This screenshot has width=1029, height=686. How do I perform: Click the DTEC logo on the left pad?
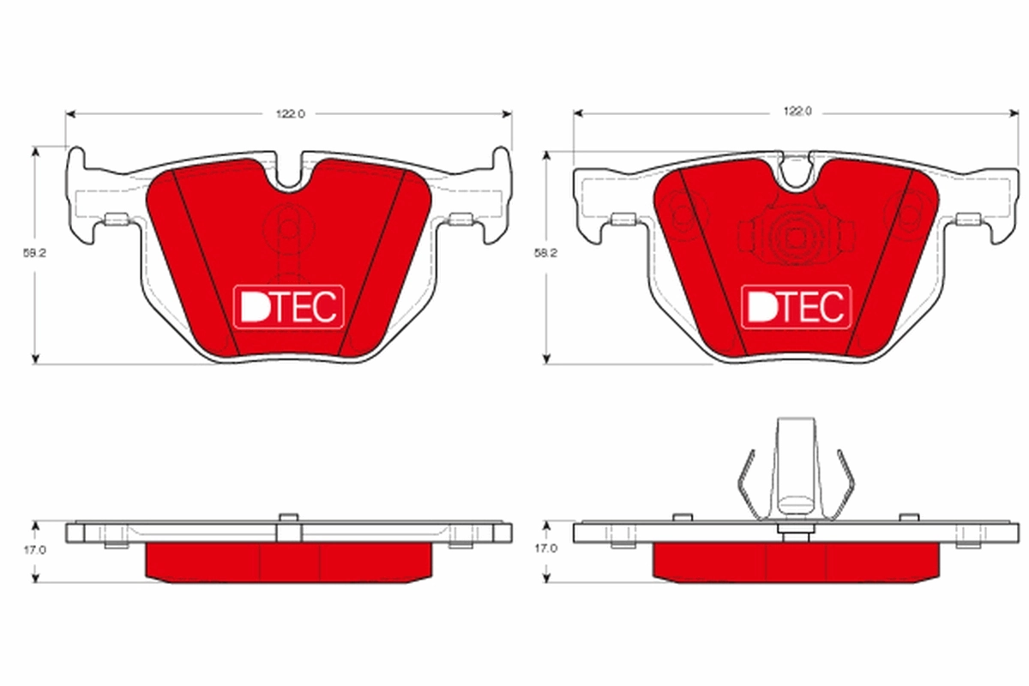(289, 306)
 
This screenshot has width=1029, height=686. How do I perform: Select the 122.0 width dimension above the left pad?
(290, 113)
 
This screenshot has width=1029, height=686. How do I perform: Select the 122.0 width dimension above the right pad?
(797, 111)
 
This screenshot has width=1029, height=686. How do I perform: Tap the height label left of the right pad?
(545, 254)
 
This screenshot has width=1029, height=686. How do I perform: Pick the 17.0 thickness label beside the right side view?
(545, 548)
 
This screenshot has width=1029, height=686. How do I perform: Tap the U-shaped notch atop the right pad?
(796, 171)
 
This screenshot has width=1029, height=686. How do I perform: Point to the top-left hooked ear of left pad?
(76, 159)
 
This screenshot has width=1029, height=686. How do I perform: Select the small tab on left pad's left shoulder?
(115, 220)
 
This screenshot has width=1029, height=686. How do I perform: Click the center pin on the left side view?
(288, 527)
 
